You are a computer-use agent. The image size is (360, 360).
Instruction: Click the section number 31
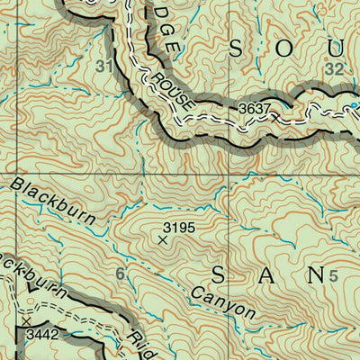point(105,67)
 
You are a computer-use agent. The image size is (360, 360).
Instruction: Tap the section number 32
point(335,67)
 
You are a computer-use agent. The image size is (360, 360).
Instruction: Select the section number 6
point(120,274)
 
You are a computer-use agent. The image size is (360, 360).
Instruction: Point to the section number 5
point(334,275)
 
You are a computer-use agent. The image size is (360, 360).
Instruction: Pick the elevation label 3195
point(178,228)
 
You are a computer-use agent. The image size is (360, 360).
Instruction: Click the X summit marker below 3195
point(162,240)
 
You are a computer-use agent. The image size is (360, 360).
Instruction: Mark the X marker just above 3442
point(27,320)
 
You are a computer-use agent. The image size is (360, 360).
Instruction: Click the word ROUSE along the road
point(174,93)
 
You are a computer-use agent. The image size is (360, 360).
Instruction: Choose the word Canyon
point(225,305)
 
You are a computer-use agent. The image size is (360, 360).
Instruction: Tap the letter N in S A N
point(314,274)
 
